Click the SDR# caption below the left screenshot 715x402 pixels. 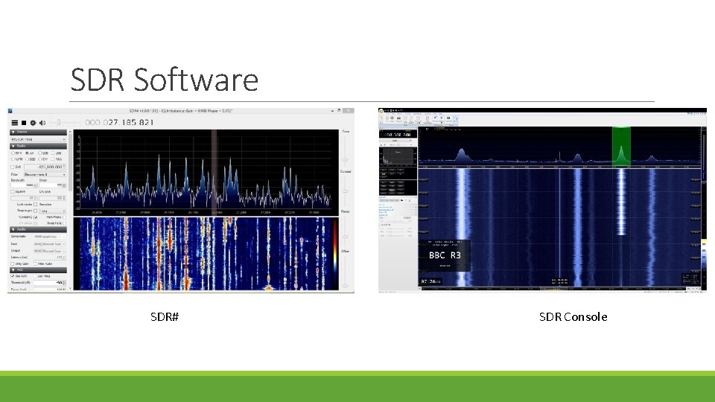(164, 317)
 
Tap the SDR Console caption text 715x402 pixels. (573, 317)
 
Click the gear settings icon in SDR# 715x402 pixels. (33, 122)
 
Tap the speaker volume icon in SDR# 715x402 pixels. (42, 122)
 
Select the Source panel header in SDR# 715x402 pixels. (22, 132)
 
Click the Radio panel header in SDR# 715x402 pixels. (22, 146)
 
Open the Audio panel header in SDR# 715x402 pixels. (22, 229)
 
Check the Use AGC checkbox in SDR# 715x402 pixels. (13, 276)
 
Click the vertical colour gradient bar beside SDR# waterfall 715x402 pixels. (334, 250)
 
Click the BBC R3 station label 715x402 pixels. (445, 255)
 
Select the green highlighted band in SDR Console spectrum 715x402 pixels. (621, 144)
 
